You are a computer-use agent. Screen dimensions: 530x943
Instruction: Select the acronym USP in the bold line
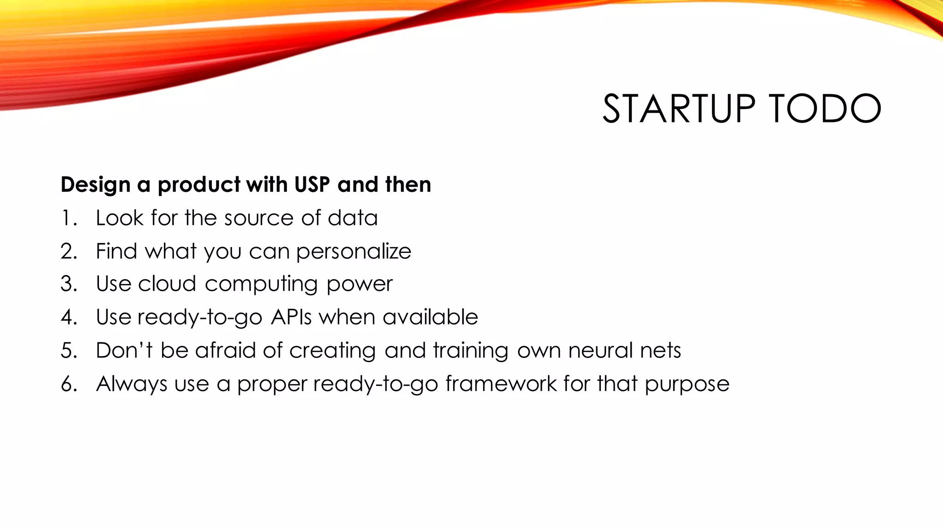coord(312,184)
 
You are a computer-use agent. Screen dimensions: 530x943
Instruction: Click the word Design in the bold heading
coord(95,184)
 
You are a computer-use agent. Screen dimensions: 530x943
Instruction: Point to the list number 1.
coord(69,218)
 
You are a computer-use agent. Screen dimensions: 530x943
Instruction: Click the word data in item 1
coord(352,218)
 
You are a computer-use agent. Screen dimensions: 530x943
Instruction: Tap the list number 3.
coord(69,284)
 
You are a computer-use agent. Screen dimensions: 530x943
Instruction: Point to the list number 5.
coord(69,351)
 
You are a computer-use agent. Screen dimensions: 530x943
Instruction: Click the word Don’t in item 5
coord(124,350)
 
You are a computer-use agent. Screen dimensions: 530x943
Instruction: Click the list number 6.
coord(69,384)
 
